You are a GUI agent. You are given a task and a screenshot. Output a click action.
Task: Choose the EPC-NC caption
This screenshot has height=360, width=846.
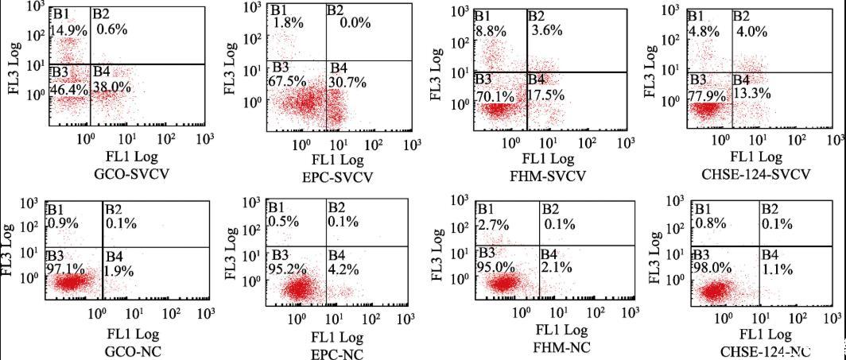tap(335, 354)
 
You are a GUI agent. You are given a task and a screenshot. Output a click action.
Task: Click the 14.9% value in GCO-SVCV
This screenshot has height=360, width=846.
tap(68, 30)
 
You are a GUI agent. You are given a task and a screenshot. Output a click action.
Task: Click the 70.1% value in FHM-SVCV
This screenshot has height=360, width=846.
tap(495, 93)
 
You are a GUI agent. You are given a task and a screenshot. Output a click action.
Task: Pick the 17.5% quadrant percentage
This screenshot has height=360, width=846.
tap(545, 94)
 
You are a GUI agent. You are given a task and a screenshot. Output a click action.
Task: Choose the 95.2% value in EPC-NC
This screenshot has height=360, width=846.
tap(288, 269)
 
